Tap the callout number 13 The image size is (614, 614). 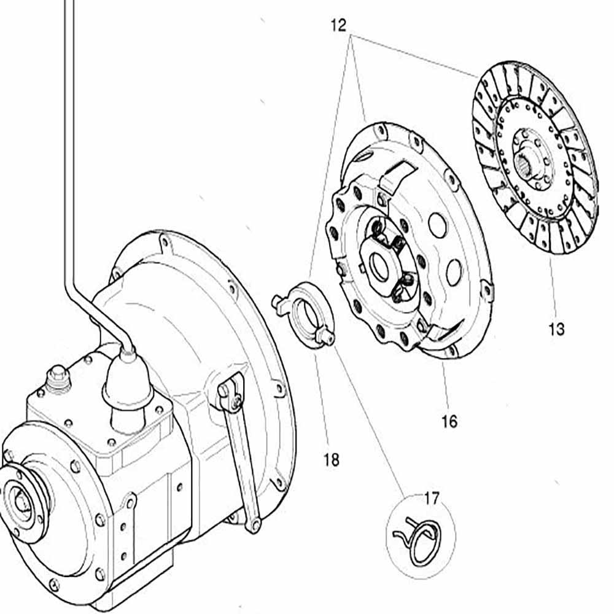click(x=556, y=329)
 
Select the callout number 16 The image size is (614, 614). click(x=449, y=421)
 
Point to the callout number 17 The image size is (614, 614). click(x=432, y=499)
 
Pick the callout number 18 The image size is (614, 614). click(x=331, y=459)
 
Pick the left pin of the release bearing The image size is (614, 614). click(x=277, y=300)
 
